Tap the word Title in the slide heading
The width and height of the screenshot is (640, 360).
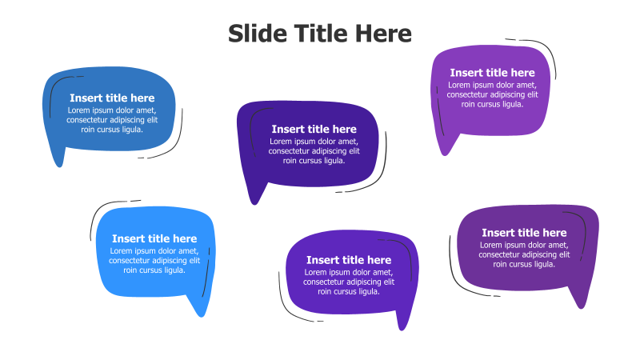pyautogui.click(x=320, y=34)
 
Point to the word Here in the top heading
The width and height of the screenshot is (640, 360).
pyautogui.click(x=383, y=34)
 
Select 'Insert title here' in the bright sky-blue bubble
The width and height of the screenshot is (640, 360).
pyautogui.click(x=154, y=238)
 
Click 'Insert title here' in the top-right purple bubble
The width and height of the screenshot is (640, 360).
pyautogui.click(x=492, y=73)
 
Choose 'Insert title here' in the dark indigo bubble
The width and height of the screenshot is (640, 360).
pyautogui.click(x=314, y=129)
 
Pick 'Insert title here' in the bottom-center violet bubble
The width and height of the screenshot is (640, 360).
pyautogui.click(x=349, y=260)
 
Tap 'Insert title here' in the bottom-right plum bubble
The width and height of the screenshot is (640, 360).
pyautogui.click(x=524, y=233)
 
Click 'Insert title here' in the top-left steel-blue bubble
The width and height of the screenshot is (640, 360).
pyautogui.click(x=112, y=98)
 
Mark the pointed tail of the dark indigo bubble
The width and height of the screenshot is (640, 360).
pyautogui.click(x=255, y=196)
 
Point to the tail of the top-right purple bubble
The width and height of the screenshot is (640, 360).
pyautogui.click(x=444, y=149)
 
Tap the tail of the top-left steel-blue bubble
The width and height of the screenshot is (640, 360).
pyautogui.click(x=58, y=160)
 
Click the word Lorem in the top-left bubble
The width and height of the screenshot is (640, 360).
pyautogui.click(x=79, y=110)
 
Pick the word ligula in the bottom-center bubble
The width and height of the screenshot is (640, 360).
pyautogui.click(x=365, y=292)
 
